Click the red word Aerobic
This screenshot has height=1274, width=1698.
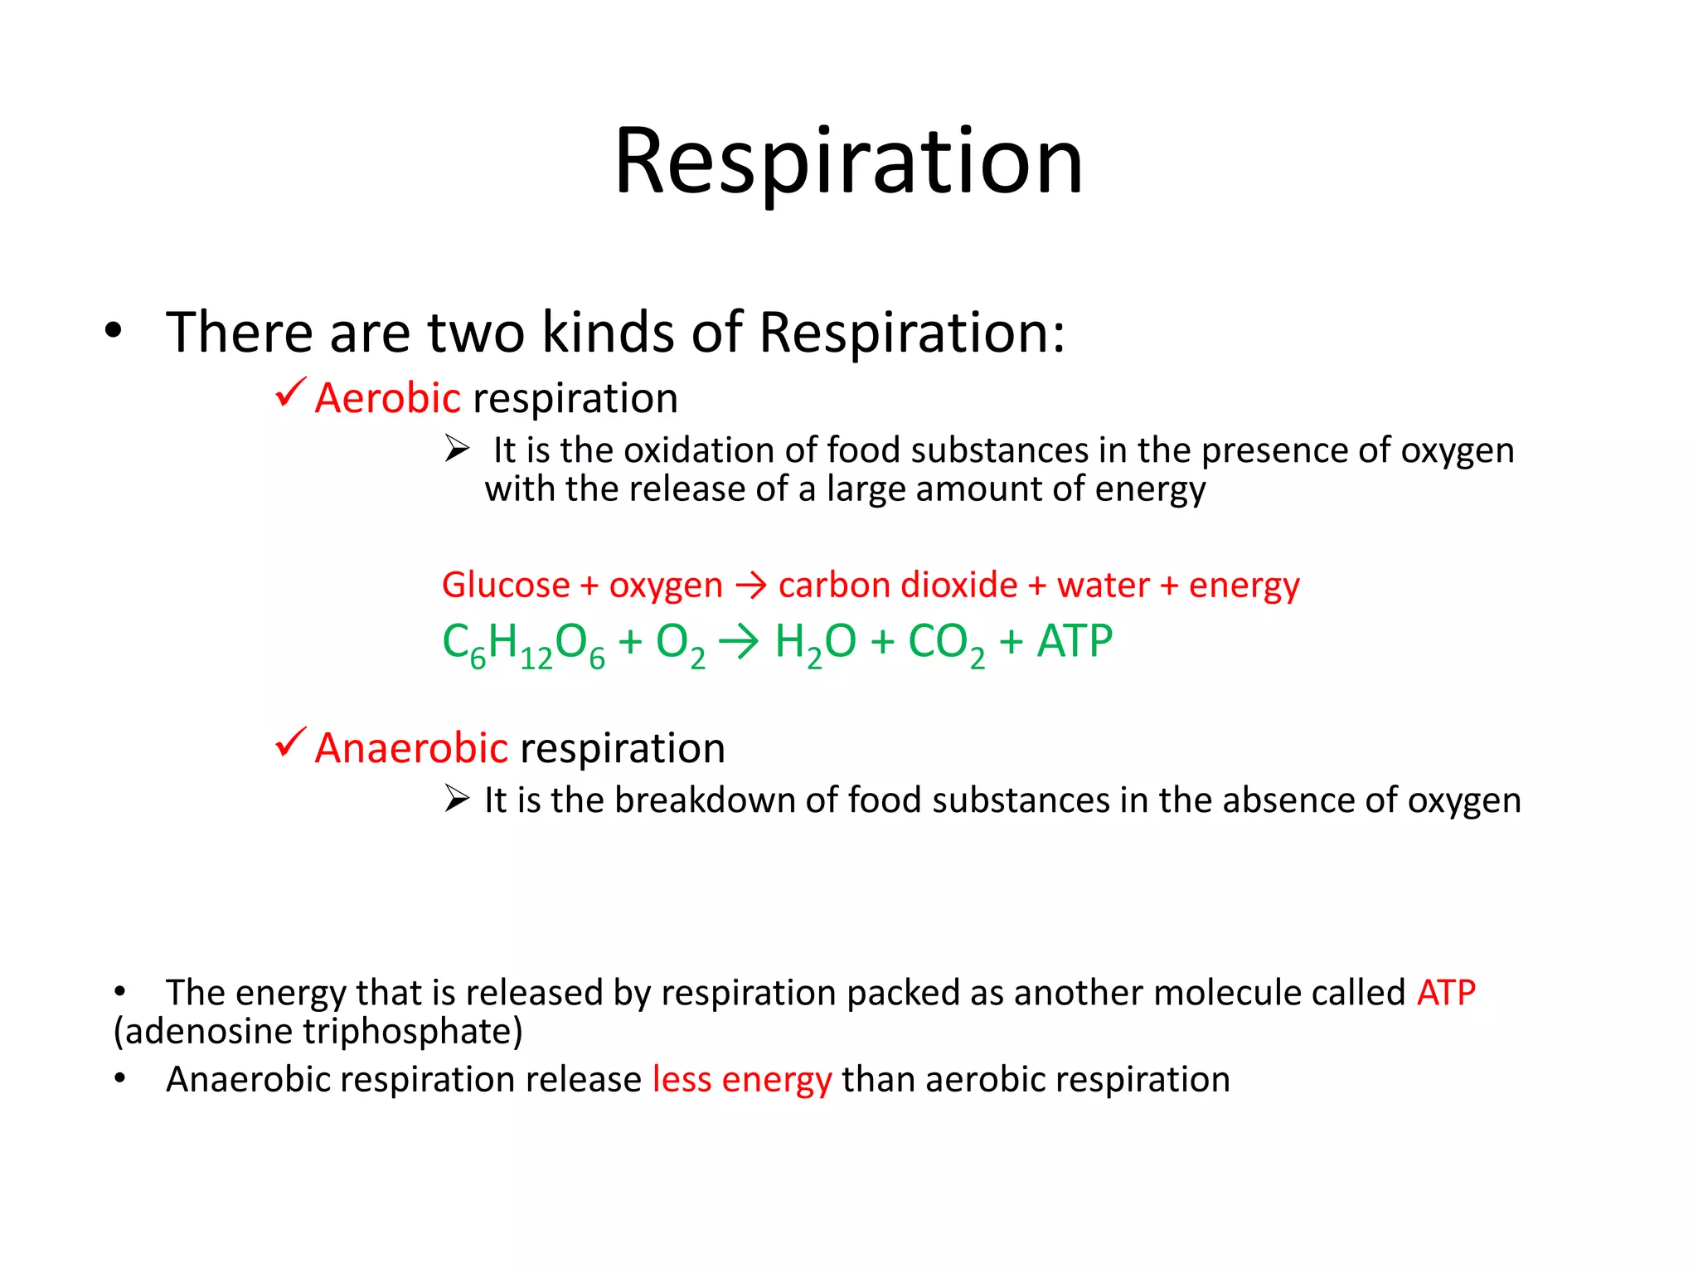click(387, 398)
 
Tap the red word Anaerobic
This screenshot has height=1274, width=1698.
click(411, 748)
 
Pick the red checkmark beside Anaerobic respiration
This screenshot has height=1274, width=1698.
click(290, 742)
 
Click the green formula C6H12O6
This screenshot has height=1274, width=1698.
click(523, 644)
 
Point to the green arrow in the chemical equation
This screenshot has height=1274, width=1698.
click(738, 642)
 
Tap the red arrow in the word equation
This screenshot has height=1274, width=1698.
click(751, 586)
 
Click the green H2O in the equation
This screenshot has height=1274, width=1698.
click(815, 643)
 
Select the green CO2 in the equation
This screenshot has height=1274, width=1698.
click(946, 644)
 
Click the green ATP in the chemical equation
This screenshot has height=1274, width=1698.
click(1075, 641)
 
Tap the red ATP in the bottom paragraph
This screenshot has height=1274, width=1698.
click(1446, 993)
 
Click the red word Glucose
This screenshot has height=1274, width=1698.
click(506, 586)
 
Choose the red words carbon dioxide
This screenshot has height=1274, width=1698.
click(898, 586)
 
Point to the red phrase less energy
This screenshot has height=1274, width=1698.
click(742, 1080)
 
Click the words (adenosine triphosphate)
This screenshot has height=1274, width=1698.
click(318, 1032)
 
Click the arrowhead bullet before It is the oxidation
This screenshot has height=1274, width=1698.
click(457, 449)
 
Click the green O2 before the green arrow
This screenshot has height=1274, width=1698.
click(680, 644)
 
